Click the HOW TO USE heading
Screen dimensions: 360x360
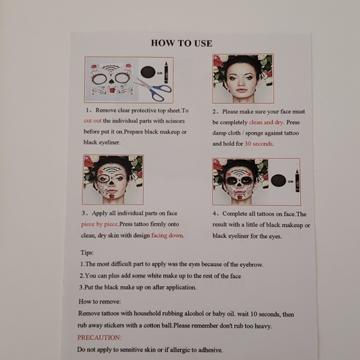pyautogui.click(x=181, y=43)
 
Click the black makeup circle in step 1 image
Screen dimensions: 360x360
pyautogui.click(x=148, y=72)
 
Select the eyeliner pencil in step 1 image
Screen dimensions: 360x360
pyautogui.click(x=166, y=73)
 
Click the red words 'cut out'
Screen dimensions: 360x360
pyautogui.click(x=92, y=121)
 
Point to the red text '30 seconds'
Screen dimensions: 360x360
pyautogui.click(x=259, y=144)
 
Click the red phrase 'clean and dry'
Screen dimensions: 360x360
pyautogui.click(x=266, y=122)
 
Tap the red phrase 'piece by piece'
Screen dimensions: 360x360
pyautogui.click(x=100, y=224)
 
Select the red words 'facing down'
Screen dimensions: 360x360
pyautogui.click(x=168, y=235)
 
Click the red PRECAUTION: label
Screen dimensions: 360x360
pyautogui.click(x=99, y=338)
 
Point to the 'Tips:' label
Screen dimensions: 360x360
pyautogui.click(x=87, y=253)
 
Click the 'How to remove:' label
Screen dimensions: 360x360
pyautogui.click(x=100, y=302)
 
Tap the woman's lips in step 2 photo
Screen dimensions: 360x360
pyautogui.click(x=241, y=90)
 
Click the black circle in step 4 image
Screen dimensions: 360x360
pyautogui.click(x=278, y=181)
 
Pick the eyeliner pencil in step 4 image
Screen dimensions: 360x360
pyautogui.click(x=297, y=181)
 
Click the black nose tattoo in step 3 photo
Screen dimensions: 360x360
pyautogui.click(x=111, y=182)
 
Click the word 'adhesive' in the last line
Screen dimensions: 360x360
pyautogui.click(x=210, y=350)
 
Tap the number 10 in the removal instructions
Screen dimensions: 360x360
pyautogui.click(x=254, y=314)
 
